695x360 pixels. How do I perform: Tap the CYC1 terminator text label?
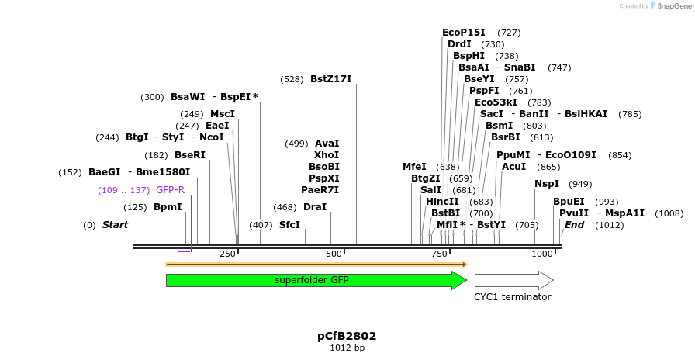[x=513, y=297]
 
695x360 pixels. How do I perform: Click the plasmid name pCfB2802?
[x=347, y=336]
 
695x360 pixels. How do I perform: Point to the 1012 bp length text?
[x=347, y=348]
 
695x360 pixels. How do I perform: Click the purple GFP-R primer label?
[x=170, y=190]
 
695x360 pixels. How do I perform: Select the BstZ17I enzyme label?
[x=330, y=79]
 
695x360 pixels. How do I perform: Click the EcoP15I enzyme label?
[x=463, y=33]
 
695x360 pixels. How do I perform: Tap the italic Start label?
[x=115, y=225]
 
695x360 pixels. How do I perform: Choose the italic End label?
[x=574, y=225]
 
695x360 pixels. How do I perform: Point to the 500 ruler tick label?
[x=334, y=254]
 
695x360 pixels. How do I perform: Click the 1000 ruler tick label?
[x=542, y=254]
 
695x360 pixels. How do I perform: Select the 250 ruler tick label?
[x=227, y=254]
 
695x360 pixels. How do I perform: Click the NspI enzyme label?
[x=547, y=184]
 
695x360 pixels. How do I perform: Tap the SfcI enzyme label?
[x=289, y=225]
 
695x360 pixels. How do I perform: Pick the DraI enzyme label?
[x=315, y=207]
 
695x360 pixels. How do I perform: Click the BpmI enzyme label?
[x=168, y=207]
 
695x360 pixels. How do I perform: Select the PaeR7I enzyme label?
[x=320, y=190]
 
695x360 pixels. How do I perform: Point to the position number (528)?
[x=292, y=79]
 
